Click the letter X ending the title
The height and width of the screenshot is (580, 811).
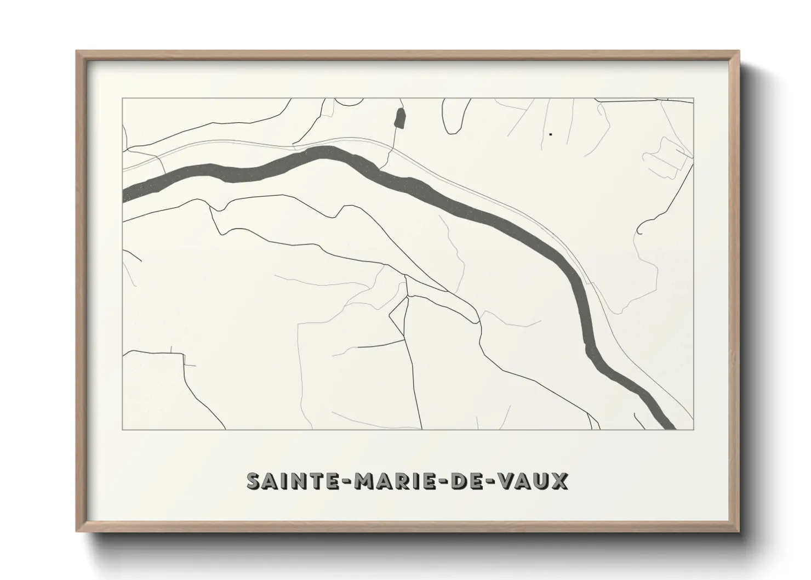(x=560, y=481)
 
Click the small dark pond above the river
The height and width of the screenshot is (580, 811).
(x=400, y=118)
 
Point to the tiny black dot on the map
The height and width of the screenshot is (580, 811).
(x=550, y=134)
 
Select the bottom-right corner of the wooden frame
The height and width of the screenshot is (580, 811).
(x=738, y=531)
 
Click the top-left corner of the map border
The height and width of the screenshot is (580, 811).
(x=122, y=98)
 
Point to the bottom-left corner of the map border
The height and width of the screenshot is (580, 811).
(x=122, y=430)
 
